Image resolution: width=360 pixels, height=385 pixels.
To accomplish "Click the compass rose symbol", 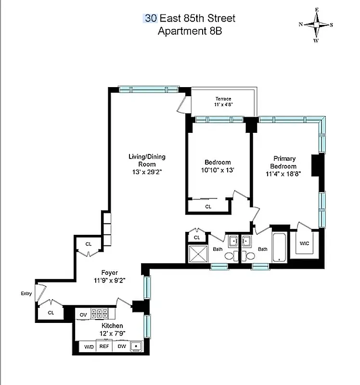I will pyautogui.click(x=316, y=24).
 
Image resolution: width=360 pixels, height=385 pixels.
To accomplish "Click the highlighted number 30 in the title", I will pyautogui.click(x=151, y=19).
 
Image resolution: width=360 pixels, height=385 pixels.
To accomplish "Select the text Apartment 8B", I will pyautogui.click(x=190, y=31).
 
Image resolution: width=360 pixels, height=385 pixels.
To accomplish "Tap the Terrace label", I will pyautogui.click(x=223, y=99).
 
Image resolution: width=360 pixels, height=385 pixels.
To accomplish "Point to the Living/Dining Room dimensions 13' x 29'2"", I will pyautogui.click(x=147, y=172).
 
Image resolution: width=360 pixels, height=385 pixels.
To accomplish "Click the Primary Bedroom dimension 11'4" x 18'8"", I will pyautogui.click(x=284, y=173).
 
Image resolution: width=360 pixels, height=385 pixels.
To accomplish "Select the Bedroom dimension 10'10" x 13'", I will pyautogui.click(x=218, y=170).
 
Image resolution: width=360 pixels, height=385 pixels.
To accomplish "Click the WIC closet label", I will pyautogui.click(x=304, y=244).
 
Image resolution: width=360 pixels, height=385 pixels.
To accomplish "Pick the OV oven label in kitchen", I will pyautogui.click(x=83, y=314).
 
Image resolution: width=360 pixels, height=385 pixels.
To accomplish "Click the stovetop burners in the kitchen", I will pyautogui.click(x=100, y=314).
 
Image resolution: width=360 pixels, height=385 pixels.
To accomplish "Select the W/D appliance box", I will pyautogui.click(x=89, y=346).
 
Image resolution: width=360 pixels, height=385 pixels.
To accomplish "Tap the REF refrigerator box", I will pyautogui.click(x=104, y=346).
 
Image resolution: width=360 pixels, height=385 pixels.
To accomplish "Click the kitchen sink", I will pyautogui.click(x=137, y=346).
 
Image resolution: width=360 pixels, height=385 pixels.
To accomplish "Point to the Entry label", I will pyautogui.click(x=26, y=293).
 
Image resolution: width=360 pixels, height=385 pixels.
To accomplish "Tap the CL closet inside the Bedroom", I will pyautogui.click(x=208, y=206).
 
